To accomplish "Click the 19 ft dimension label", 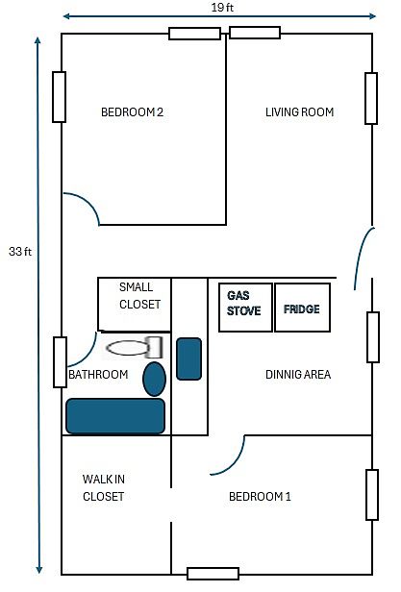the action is point(222,8).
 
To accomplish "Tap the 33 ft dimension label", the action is point(20,252).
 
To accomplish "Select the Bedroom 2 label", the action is point(133,112).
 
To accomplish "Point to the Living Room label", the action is point(299,112).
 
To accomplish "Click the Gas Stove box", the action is point(245,308).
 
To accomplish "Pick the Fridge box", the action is point(302,308).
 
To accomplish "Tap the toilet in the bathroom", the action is point(135,348).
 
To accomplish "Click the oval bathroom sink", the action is point(154,379).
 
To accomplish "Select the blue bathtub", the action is point(115,416).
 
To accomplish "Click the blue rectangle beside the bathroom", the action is point(189,358).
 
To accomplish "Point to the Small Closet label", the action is point(139,296).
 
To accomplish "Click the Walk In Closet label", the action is point(104,488).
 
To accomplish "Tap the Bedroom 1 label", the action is point(260,497).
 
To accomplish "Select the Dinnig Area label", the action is point(298,375).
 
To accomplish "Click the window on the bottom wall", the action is point(213,574).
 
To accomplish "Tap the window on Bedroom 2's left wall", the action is point(59,97).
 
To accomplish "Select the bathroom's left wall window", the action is point(60,362).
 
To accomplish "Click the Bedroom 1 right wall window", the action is point(372,495).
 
